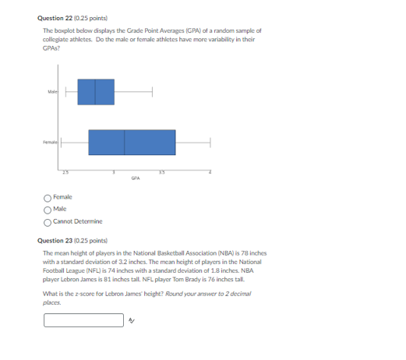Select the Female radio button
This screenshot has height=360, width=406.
pyautogui.click(x=48, y=198)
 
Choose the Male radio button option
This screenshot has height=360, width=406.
pyautogui.click(x=48, y=210)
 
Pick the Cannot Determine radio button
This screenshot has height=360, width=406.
pyautogui.click(x=48, y=222)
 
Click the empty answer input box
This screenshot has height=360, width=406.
pyautogui.click(x=84, y=320)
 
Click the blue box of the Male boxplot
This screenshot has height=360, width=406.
pyautogui.click(x=95, y=92)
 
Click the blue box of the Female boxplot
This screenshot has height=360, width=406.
pyautogui.click(x=132, y=143)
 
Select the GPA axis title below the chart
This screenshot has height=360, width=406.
pyautogui.click(x=136, y=178)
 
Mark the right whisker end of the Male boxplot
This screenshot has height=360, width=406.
pyautogui.click(x=152, y=92)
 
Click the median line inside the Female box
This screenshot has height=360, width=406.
pyautogui.click(x=125, y=143)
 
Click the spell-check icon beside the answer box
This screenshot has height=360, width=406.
pyautogui.click(x=132, y=320)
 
